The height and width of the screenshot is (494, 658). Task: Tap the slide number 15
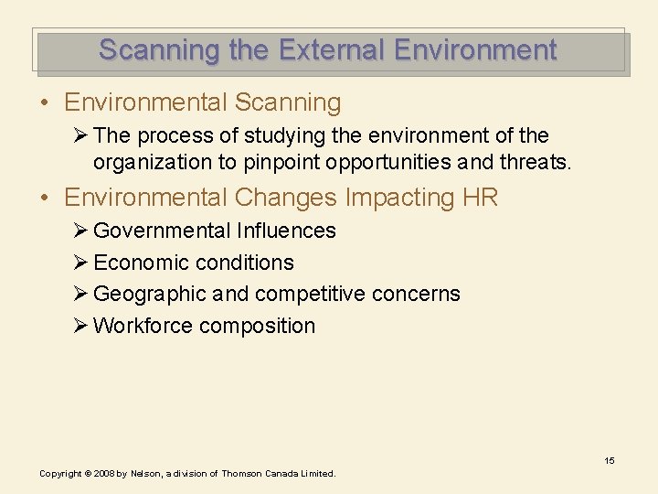point(609,460)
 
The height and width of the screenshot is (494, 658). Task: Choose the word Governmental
point(164,231)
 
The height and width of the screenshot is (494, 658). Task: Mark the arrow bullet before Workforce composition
point(80,326)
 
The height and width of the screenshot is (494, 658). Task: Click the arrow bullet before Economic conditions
point(80,263)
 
